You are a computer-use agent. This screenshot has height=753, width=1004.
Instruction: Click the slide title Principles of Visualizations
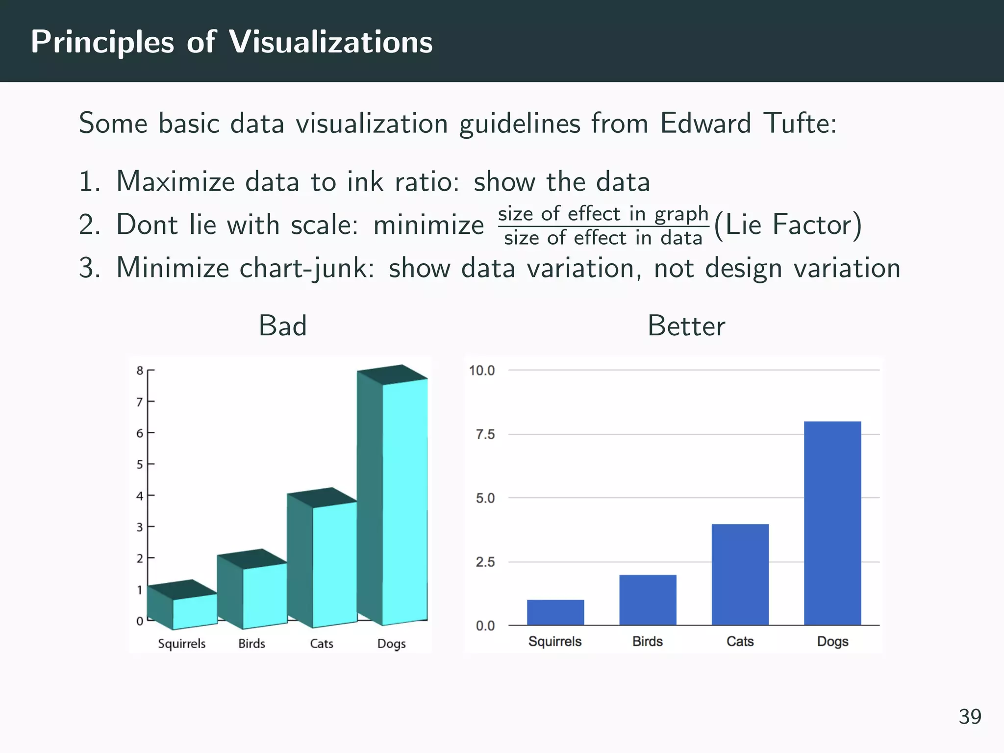[231, 42]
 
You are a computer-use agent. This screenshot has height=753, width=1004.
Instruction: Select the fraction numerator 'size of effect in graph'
[603, 214]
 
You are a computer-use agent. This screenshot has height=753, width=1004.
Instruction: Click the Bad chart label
[282, 326]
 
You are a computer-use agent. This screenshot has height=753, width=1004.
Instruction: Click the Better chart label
[686, 326]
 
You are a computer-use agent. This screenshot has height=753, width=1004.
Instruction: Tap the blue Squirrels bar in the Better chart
[555, 612]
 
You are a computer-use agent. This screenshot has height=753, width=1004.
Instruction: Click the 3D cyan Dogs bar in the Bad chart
[404, 500]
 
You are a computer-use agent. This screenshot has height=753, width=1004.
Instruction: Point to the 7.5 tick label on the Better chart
[485, 434]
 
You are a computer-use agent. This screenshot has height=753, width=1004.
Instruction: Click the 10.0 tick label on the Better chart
[481, 371]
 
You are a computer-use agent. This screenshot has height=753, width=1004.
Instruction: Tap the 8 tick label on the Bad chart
[140, 371]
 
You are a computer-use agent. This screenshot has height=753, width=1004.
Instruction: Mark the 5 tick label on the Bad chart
[140, 464]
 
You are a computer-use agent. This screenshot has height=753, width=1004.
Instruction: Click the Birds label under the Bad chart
[251, 644]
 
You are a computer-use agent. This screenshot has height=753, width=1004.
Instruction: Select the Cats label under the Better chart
[740, 641]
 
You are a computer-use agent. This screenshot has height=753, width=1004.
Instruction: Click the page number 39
[970, 717]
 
